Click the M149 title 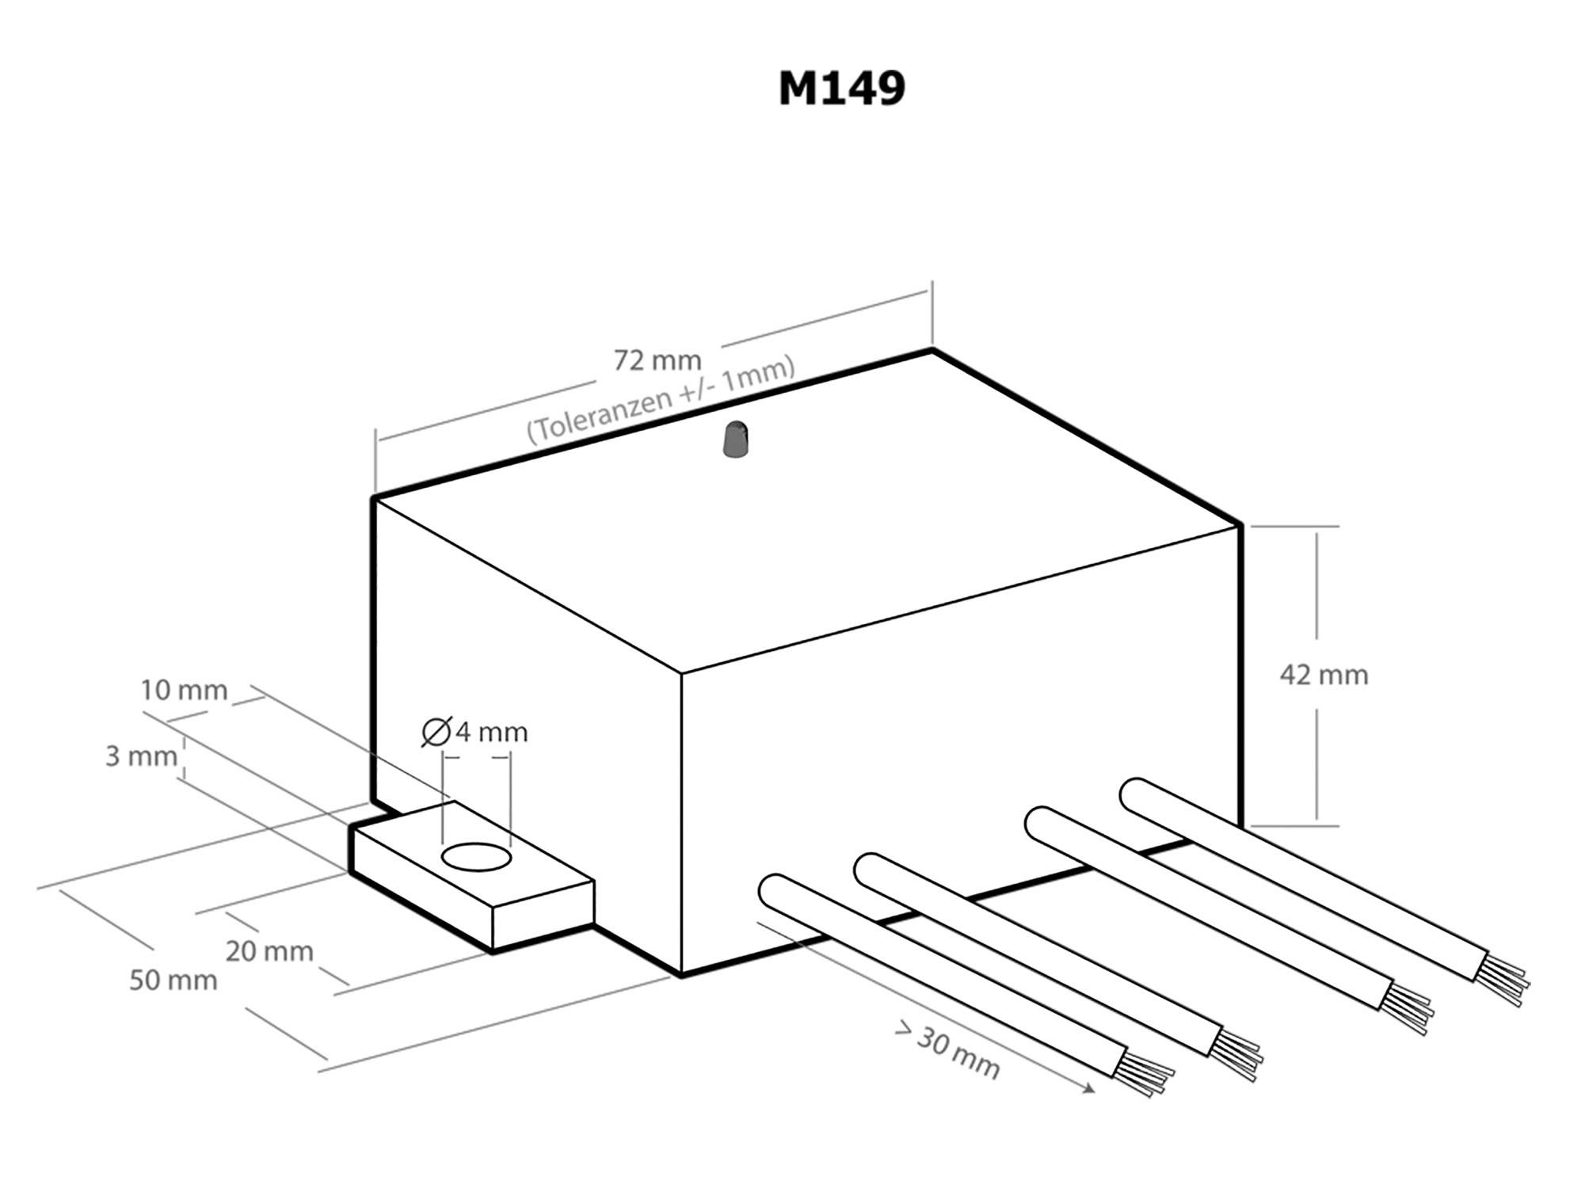pyautogui.click(x=841, y=89)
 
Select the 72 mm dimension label pyautogui.click(x=657, y=360)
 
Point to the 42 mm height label pyautogui.click(x=1324, y=675)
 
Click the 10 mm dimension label pyautogui.click(x=184, y=691)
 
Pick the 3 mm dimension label pyautogui.click(x=141, y=756)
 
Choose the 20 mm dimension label pyautogui.click(x=269, y=950)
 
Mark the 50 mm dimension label pyautogui.click(x=173, y=980)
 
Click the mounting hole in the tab pyautogui.click(x=476, y=857)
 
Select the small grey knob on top pyautogui.click(x=736, y=439)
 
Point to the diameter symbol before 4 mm pyautogui.click(x=436, y=732)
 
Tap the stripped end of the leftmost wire pyautogui.click(x=1145, y=1076)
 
